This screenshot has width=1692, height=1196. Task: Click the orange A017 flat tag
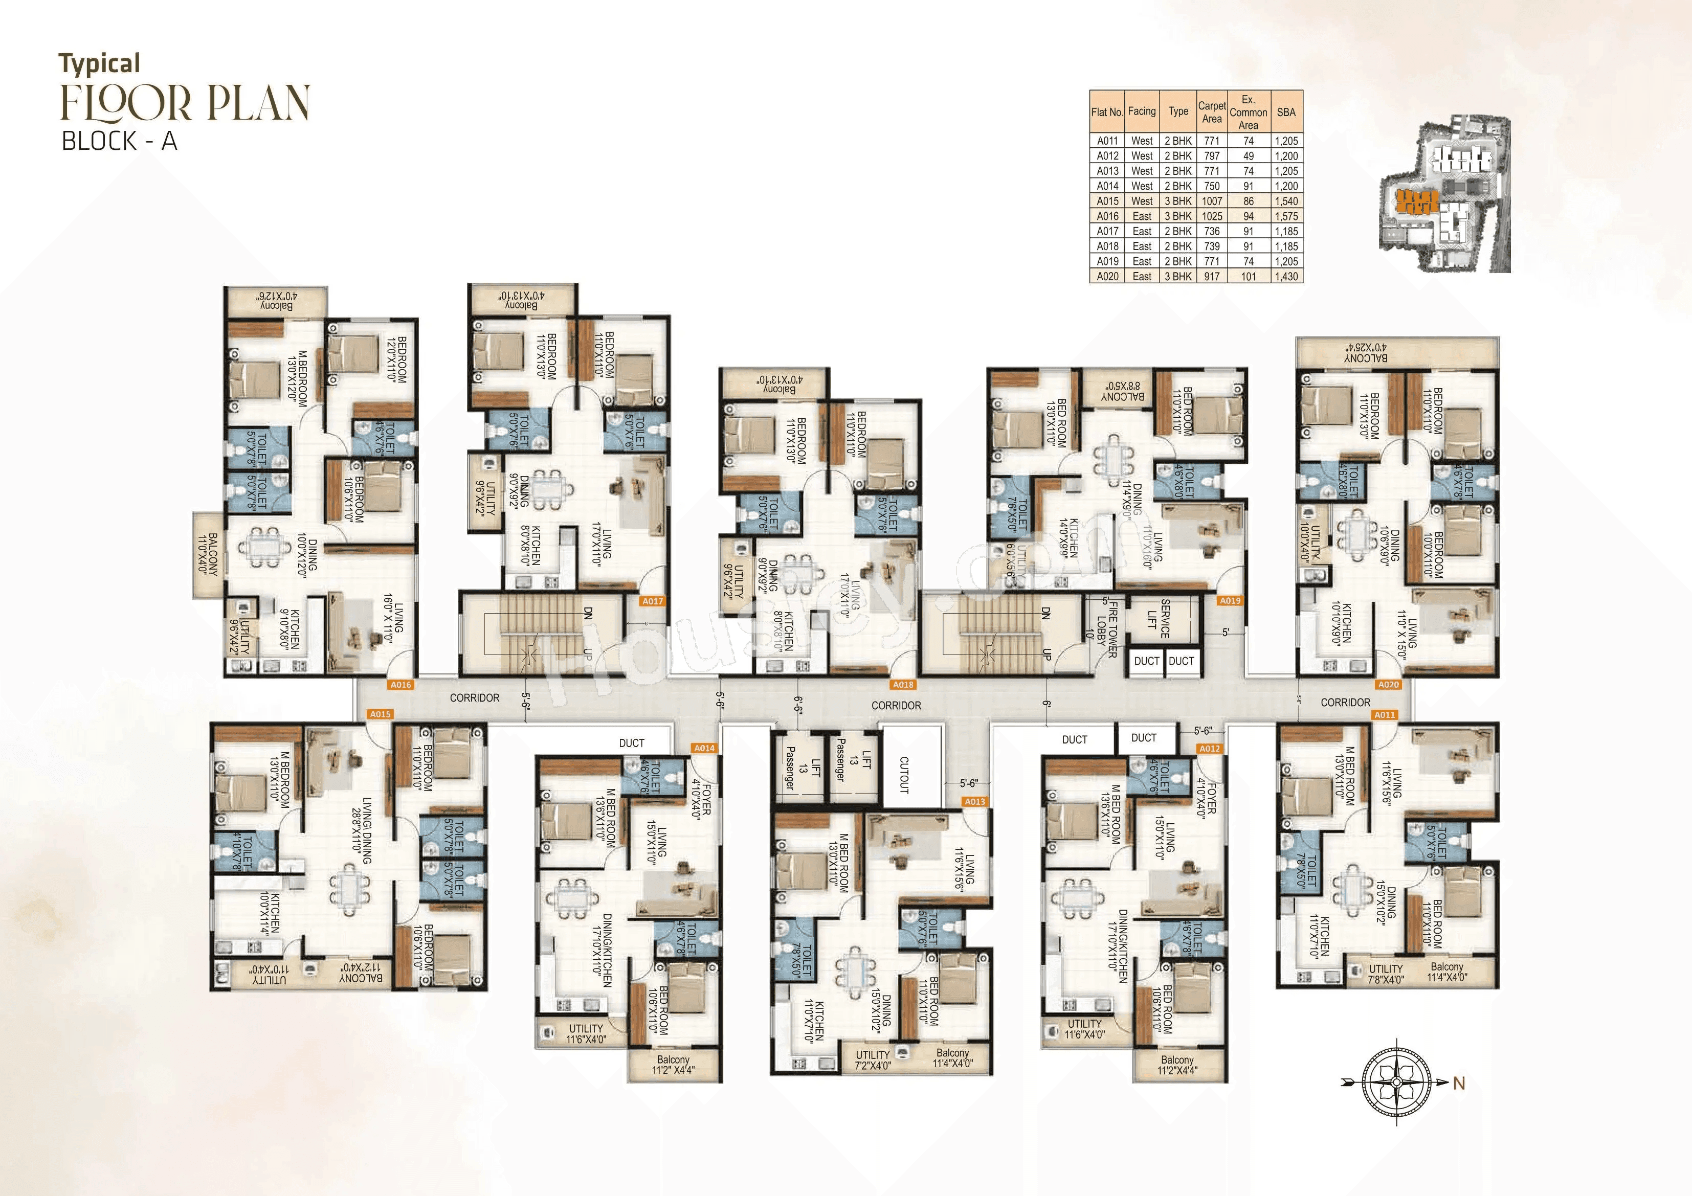pos(652,601)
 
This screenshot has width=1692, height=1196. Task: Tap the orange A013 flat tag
pos(974,802)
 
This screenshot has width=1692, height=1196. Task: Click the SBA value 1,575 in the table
pos(1286,216)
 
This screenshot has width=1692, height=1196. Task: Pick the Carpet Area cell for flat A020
pos(1212,276)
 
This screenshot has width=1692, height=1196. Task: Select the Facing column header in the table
pos(1142,111)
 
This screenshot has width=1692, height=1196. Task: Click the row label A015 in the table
pos(1107,201)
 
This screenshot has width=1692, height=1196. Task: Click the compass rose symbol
pos(1396,1082)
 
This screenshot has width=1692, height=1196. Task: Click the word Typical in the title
pos(100,64)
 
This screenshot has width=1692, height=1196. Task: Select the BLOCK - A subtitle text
pos(119,141)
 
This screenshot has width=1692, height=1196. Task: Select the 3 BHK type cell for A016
pos(1177,216)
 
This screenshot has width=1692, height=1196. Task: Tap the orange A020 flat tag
pos(1388,685)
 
